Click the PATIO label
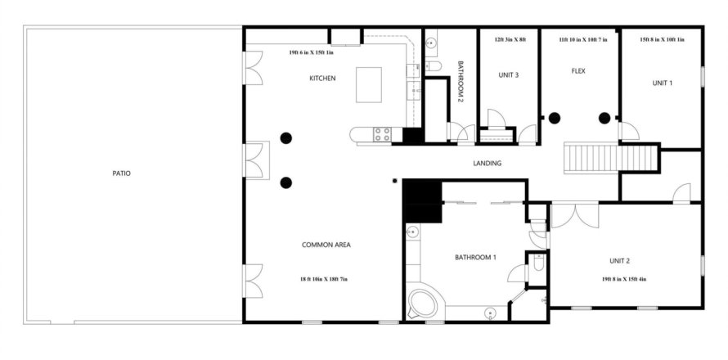[121, 173]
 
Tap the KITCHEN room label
[322, 79]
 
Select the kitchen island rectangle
[369, 84]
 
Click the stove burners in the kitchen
[382, 135]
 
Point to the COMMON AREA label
[326, 245]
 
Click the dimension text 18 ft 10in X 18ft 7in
[324, 279]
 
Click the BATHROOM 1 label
[475, 258]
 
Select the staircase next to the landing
[611, 159]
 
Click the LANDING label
[487, 164]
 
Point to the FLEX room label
[578, 71]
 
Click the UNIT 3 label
[509, 74]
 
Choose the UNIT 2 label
[619, 261]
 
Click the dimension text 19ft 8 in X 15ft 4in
[624, 279]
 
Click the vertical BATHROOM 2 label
[461, 81]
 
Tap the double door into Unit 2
[575, 215]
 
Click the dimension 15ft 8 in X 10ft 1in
[662, 40]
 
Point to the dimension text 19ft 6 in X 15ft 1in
[311, 52]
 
